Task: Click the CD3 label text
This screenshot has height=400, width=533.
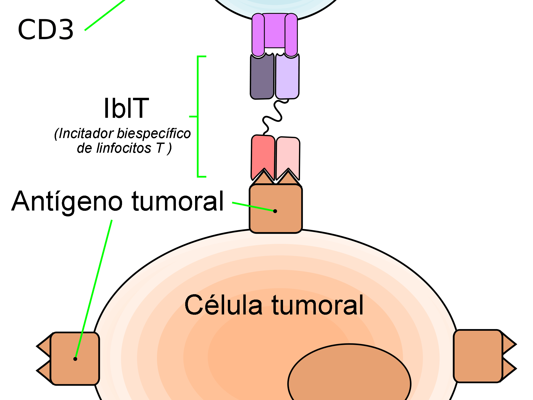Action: click(x=46, y=30)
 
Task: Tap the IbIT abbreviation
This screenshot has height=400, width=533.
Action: click(x=126, y=108)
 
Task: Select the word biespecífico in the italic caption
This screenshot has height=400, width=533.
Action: click(x=154, y=134)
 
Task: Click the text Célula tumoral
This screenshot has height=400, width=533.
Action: click(x=274, y=305)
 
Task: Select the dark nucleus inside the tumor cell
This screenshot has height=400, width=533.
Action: click(x=349, y=378)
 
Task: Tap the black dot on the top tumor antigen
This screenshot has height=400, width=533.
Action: click(x=275, y=211)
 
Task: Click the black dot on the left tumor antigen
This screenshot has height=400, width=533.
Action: click(x=75, y=359)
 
